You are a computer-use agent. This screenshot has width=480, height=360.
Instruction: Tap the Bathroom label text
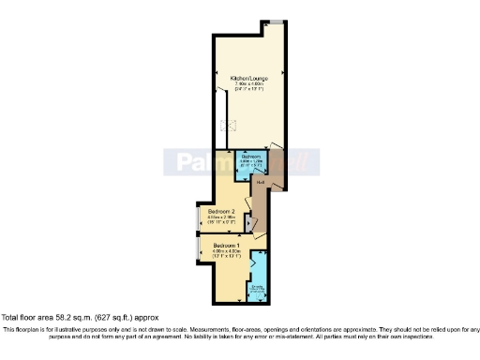249,156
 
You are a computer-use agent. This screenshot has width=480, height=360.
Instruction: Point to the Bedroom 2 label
222,212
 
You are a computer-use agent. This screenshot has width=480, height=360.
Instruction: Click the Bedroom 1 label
227,245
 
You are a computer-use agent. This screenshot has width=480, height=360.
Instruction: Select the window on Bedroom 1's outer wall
196,247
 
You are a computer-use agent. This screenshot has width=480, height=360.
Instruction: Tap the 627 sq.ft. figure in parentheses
101,316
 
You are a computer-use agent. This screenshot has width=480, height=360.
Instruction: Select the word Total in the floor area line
10,316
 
